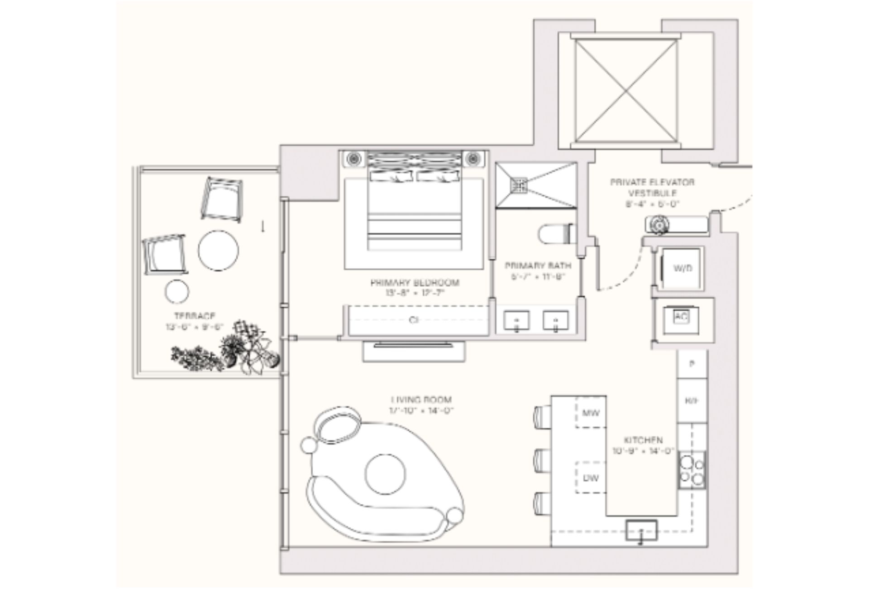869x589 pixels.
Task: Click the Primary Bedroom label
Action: click(x=415, y=283)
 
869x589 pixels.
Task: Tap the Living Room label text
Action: click(x=421, y=400)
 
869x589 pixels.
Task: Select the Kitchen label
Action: click(x=643, y=440)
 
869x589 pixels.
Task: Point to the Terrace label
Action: click(x=195, y=316)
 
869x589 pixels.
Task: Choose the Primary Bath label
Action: click(x=538, y=266)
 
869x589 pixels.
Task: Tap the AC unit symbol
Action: click(x=681, y=318)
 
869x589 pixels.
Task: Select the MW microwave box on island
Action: click(x=591, y=413)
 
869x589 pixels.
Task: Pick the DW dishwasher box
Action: click(x=591, y=478)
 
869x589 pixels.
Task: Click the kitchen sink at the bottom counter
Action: click(x=641, y=530)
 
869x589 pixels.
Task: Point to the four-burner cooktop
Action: click(x=692, y=470)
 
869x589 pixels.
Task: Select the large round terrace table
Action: click(x=218, y=251)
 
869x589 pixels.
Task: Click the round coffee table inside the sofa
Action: click(x=385, y=474)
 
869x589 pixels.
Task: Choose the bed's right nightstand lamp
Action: click(x=473, y=159)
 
